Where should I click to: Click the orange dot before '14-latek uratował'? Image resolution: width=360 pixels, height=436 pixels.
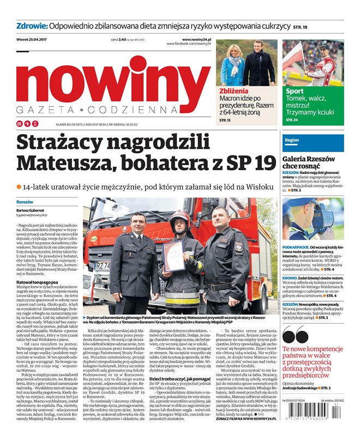(x=19, y=187)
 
